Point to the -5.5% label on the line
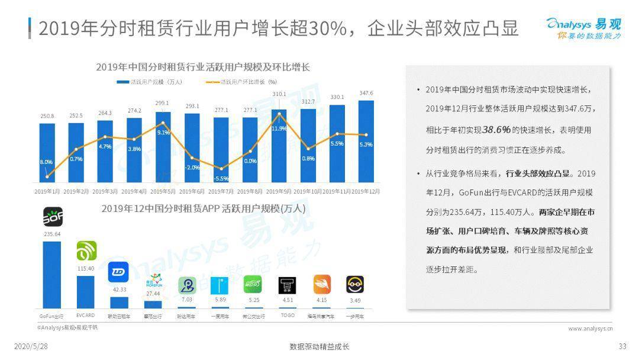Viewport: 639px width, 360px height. tap(221, 178)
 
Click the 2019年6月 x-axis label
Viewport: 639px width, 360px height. tap(192, 191)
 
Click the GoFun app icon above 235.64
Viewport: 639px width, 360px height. tap(53, 217)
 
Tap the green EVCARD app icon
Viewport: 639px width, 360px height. tap(86, 252)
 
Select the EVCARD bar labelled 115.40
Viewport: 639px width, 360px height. tap(86, 291)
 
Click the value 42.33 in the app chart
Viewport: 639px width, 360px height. tap(118, 290)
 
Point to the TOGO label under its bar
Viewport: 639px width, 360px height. tap(288, 316)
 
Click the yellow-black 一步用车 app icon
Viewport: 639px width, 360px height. tap(355, 285)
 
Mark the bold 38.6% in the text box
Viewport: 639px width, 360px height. tap(496, 130)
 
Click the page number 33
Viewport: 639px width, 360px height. tap(622, 346)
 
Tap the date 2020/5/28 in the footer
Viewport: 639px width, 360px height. tap(31, 346)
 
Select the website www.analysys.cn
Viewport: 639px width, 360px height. tap(590, 329)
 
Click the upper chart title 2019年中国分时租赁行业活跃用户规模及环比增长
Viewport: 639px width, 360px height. tap(203, 67)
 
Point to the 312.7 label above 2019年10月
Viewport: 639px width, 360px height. tap(308, 102)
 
